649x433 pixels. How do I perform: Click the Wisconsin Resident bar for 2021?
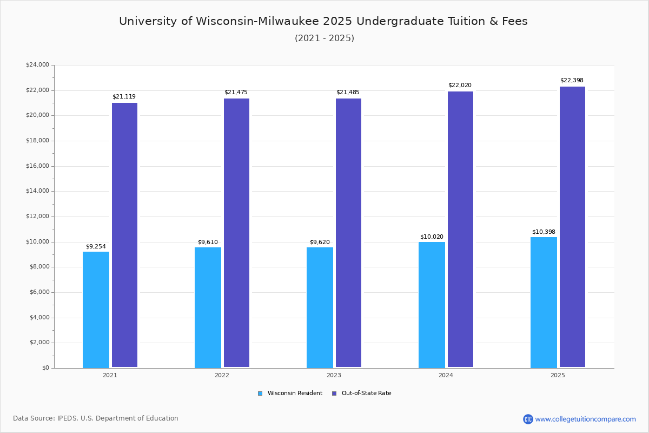[x=96, y=310]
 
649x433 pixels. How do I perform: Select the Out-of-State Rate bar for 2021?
[x=124, y=235]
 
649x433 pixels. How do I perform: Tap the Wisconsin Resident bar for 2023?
[x=320, y=307]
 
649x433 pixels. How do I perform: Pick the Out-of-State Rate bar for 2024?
[x=460, y=229]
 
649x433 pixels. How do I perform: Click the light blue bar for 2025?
[x=544, y=303]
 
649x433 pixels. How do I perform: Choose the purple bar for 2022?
[x=236, y=233]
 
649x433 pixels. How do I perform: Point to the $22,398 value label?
[x=572, y=81]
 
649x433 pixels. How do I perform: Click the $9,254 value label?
[x=96, y=247]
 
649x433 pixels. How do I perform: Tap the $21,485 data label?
[x=348, y=93]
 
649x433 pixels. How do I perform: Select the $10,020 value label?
[x=432, y=237]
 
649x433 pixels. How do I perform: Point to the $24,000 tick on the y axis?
[x=37, y=65]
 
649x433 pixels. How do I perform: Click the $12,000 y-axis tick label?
[x=37, y=216]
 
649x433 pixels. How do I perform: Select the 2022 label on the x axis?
[x=222, y=375]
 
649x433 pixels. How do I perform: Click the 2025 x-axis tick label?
[x=558, y=375]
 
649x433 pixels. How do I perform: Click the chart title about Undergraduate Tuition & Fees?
[x=323, y=22]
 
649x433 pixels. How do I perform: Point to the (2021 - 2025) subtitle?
[x=325, y=38]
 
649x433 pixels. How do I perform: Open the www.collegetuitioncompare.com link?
[x=585, y=419]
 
